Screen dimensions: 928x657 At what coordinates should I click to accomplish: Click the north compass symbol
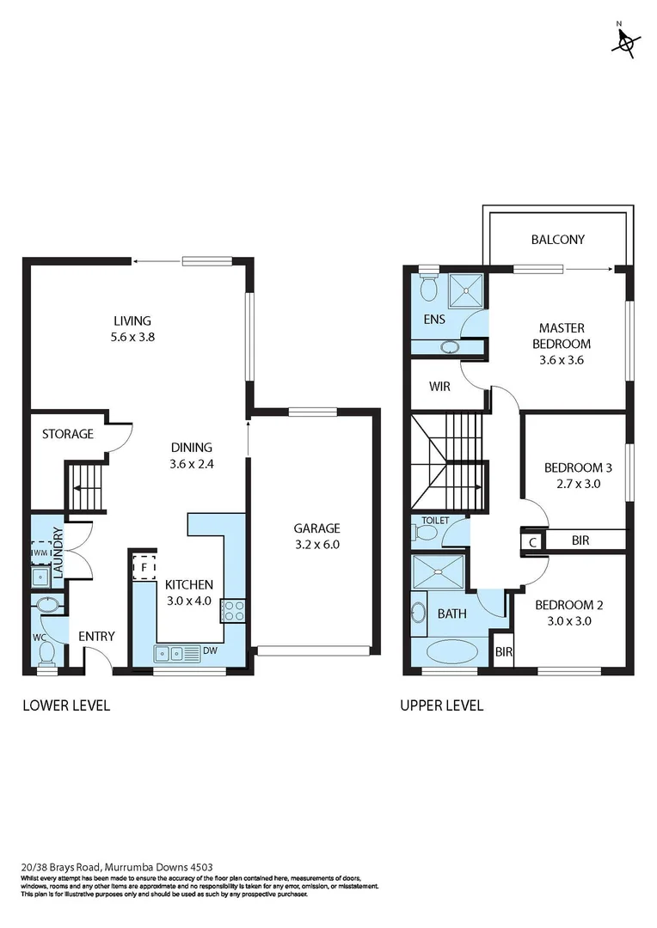627,41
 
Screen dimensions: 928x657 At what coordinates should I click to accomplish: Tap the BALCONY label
557,240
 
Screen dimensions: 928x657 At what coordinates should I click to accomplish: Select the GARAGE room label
316,528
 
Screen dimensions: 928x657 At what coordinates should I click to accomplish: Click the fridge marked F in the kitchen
143,567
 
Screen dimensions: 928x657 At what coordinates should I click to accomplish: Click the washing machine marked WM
41,552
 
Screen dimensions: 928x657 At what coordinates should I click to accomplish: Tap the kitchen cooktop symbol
234,611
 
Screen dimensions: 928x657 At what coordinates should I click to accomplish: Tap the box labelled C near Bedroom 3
533,541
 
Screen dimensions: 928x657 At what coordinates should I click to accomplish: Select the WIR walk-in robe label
439,387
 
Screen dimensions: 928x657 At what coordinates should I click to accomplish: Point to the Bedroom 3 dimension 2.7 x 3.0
578,484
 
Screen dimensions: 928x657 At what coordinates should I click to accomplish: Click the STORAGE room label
68,434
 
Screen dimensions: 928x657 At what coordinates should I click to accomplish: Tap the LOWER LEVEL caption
65,705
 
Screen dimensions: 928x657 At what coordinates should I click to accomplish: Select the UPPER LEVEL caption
442,705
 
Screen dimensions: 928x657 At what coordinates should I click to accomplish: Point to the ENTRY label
96,636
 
